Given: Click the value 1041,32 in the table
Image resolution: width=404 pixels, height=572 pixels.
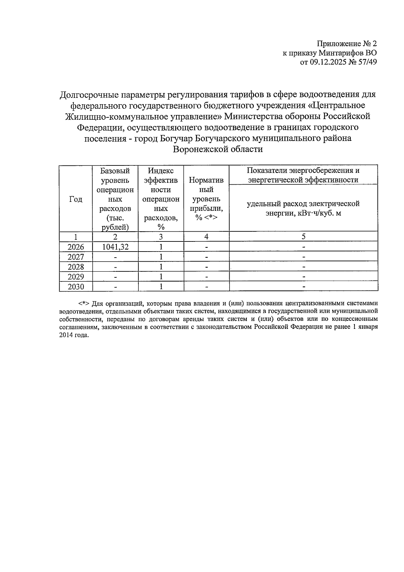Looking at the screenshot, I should click(115, 247).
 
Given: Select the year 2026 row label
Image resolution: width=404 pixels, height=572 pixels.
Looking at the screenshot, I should click(76, 247).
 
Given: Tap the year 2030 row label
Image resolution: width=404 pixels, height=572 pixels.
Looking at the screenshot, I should click(76, 287).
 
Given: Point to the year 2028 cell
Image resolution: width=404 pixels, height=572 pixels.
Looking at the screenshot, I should click(76, 267).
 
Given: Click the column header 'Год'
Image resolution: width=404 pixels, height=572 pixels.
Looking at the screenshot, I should click(76, 199).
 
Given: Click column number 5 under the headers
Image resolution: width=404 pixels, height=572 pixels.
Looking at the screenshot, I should click(303, 236).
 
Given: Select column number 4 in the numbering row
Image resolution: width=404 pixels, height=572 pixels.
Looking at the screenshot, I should click(206, 236).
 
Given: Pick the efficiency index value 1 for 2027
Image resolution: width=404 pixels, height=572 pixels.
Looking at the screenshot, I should click(161, 257).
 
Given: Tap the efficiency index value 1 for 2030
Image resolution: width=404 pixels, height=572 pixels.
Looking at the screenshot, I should click(161, 287).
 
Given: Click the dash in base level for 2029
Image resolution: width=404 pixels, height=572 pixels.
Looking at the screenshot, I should click(115, 277).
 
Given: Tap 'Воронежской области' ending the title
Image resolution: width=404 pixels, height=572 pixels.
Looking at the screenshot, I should click(217, 149).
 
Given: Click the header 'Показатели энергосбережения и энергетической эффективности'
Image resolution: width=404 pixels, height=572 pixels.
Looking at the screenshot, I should click(303, 175).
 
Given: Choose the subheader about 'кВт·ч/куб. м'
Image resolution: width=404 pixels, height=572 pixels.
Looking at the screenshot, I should click(303, 208).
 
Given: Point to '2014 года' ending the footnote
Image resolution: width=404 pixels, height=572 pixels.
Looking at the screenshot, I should click(74, 335).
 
